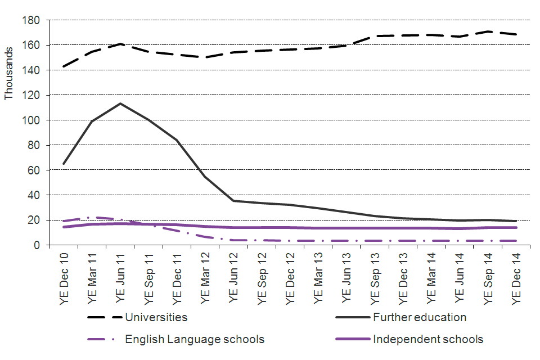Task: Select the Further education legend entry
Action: (419, 317)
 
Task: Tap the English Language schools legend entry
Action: (194, 339)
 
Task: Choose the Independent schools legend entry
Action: (427, 339)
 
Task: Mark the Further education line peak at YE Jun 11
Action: (120, 103)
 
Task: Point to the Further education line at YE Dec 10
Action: (64, 164)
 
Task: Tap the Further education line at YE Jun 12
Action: (233, 201)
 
